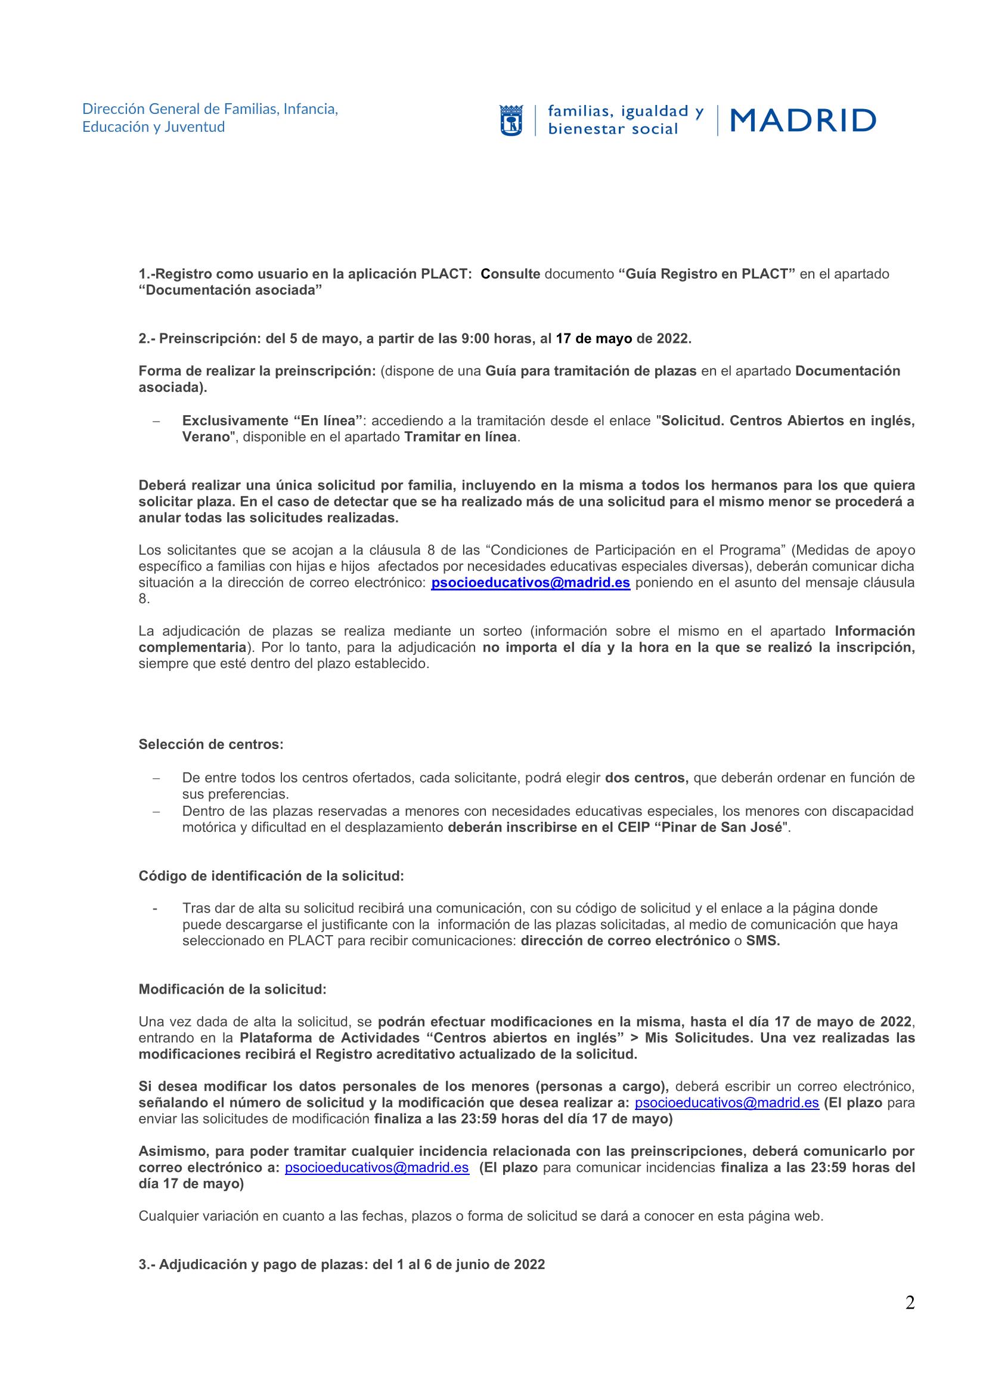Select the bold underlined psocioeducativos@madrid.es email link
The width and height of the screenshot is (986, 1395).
tap(530, 583)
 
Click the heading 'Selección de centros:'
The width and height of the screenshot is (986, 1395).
tap(210, 744)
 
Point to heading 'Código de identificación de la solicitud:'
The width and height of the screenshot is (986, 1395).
tap(271, 876)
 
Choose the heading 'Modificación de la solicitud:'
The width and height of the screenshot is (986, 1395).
tap(232, 989)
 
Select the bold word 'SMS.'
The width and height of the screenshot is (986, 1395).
tap(762, 941)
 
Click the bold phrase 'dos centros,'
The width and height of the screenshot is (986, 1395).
tap(647, 778)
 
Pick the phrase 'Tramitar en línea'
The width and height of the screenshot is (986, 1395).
tap(461, 437)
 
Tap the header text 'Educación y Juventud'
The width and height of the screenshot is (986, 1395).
tap(154, 127)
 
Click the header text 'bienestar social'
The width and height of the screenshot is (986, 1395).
tap(613, 129)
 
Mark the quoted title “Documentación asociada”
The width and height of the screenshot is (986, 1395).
tap(230, 290)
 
